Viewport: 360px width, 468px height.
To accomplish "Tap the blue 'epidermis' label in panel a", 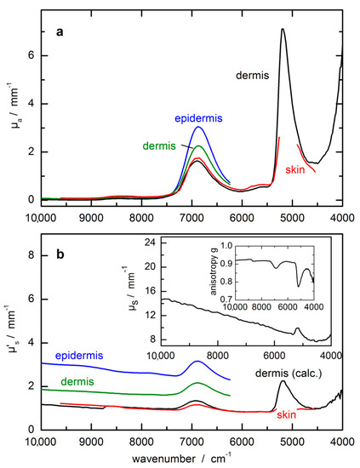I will point(198,118).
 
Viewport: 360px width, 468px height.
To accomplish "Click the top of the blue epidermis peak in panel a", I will point(197,128).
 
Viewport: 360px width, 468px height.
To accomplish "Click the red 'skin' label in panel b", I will point(287,414).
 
